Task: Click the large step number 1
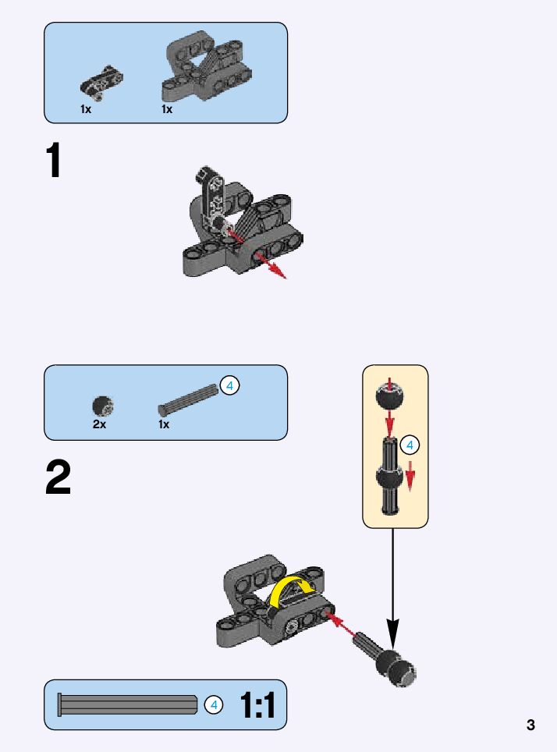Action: pos(54,163)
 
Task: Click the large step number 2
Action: pos(58,478)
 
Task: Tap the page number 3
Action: pos(530,725)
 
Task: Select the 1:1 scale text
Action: pos(257,705)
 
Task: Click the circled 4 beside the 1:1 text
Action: pos(213,705)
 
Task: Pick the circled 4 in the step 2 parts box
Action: pos(229,385)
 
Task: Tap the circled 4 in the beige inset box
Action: pos(410,446)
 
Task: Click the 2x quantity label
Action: pos(99,424)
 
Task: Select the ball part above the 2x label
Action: pos(103,406)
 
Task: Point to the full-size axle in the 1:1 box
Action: pos(128,704)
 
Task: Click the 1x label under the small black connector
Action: pos(86,109)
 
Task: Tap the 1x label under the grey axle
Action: pos(164,424)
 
